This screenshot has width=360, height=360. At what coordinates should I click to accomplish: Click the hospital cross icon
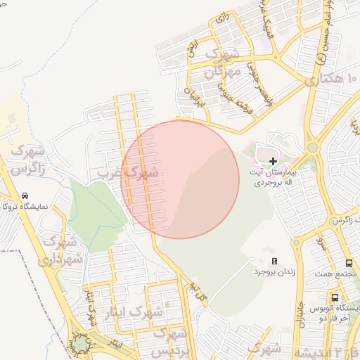pos(274,161)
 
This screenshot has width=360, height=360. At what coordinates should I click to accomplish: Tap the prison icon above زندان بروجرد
pos(274,261)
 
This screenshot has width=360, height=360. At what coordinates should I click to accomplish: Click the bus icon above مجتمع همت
pos(349,263)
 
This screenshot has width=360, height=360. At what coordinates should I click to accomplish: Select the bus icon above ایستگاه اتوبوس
pos(335,297)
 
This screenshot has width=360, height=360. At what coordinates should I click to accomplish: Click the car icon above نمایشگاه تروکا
pos(25,195)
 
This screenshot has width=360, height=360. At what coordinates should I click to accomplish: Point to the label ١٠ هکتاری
pos(333,79)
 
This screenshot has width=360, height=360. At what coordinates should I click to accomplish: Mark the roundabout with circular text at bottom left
pos(82,344)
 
